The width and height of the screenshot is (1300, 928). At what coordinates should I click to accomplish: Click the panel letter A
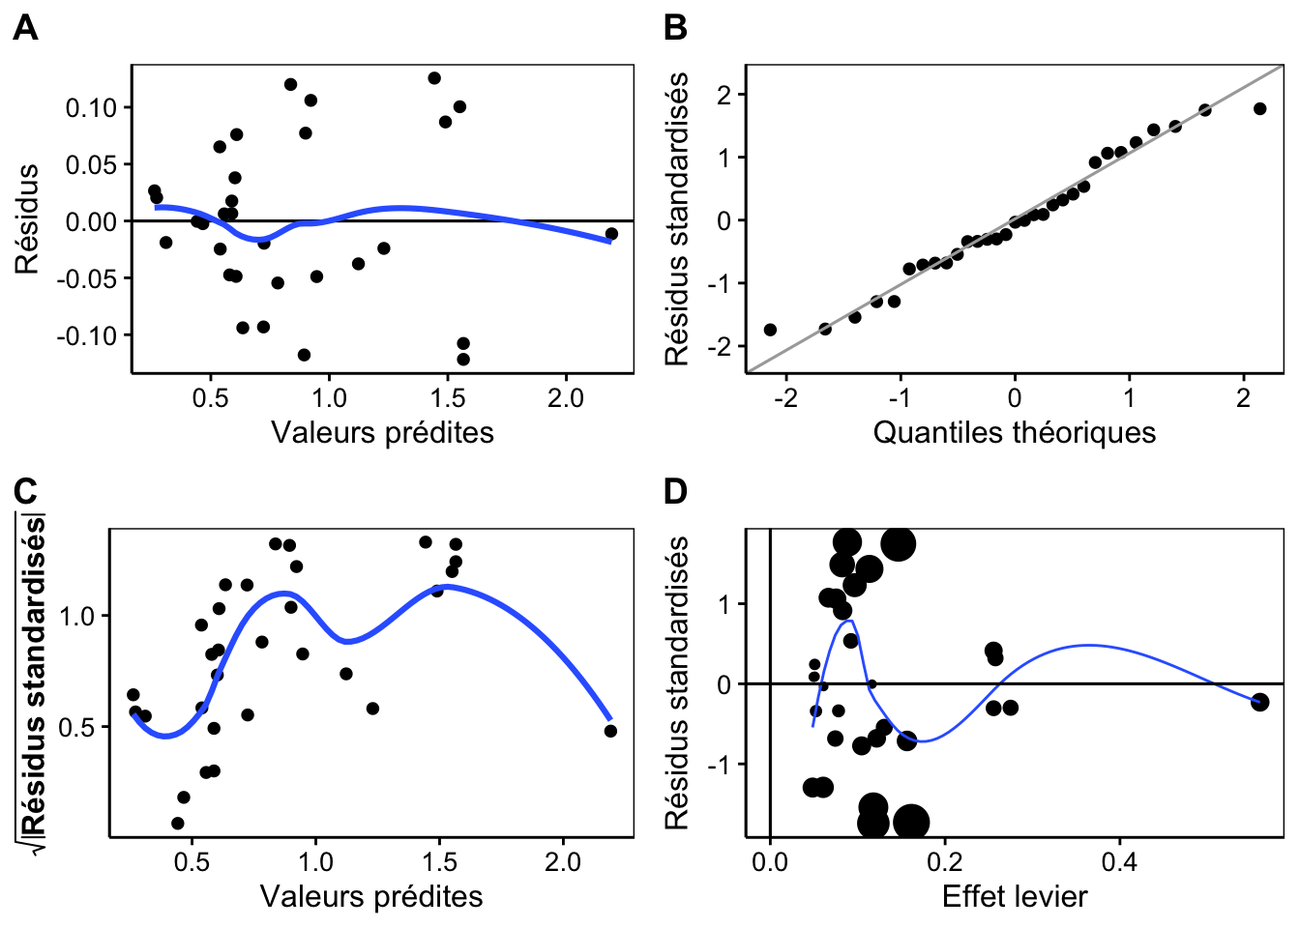click(x=25, y=28)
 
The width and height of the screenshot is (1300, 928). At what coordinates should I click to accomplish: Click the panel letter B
click(x=675, y=28)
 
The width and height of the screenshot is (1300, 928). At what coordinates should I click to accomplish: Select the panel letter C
click(x=25, y=492)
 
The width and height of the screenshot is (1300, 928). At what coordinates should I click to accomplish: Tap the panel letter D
click(x=675, y=492)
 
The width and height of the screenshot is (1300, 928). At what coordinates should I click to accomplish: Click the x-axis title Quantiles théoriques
click(x=1015, y=433)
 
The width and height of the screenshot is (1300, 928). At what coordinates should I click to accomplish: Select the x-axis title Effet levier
click(x=1015, y=897)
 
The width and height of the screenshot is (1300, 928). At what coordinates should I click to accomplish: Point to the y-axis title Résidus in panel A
click(x=27, y=218)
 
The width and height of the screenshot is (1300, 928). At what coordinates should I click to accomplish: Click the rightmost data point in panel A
click(x=611, y=234)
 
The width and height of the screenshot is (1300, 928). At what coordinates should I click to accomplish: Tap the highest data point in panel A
click(x=434, y=78)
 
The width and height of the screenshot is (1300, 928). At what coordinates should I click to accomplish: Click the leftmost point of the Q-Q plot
click(x=770, y=330)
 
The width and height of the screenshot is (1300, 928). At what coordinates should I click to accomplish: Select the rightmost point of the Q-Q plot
click(x=1259, y=108)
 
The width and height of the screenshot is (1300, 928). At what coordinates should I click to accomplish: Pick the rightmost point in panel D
click(x=1259, y=703)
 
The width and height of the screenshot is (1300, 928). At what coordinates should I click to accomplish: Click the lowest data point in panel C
click(x=178, y=823)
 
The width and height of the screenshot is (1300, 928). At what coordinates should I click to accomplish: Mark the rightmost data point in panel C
click(x=610, y=731)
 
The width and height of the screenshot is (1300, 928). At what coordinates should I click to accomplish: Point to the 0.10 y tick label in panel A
click(x=91, y=108)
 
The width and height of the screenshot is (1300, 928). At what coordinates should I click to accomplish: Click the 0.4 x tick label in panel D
click(x=1119, y=862)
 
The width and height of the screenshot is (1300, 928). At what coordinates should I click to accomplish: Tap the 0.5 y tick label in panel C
click(x=76, y=727)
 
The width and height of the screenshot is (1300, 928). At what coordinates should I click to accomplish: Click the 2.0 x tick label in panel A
click(x=566, y=398)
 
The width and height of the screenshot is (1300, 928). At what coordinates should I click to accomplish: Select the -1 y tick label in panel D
click(x=720, y=765)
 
